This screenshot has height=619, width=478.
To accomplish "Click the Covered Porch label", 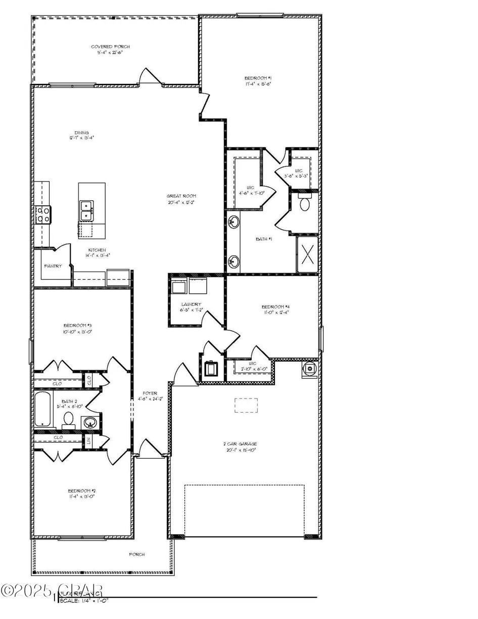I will coord(112,50).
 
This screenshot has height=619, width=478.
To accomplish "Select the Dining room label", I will coord(81,135).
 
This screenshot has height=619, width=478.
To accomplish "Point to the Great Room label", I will coord(182,199).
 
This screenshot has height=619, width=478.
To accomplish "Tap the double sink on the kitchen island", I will coord(86,211).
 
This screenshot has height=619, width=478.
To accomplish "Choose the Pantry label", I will coord(53,266).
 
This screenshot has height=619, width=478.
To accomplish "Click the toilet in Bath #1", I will coord(305,203).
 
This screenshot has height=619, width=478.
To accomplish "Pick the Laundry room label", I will coord(188,307).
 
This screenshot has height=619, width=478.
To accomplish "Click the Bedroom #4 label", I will coord(275,309).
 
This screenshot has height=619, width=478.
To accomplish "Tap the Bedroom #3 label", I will coord(77,328).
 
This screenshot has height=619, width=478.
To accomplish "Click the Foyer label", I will coord(150,395).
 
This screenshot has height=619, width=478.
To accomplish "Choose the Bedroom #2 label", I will coord(81,494).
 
